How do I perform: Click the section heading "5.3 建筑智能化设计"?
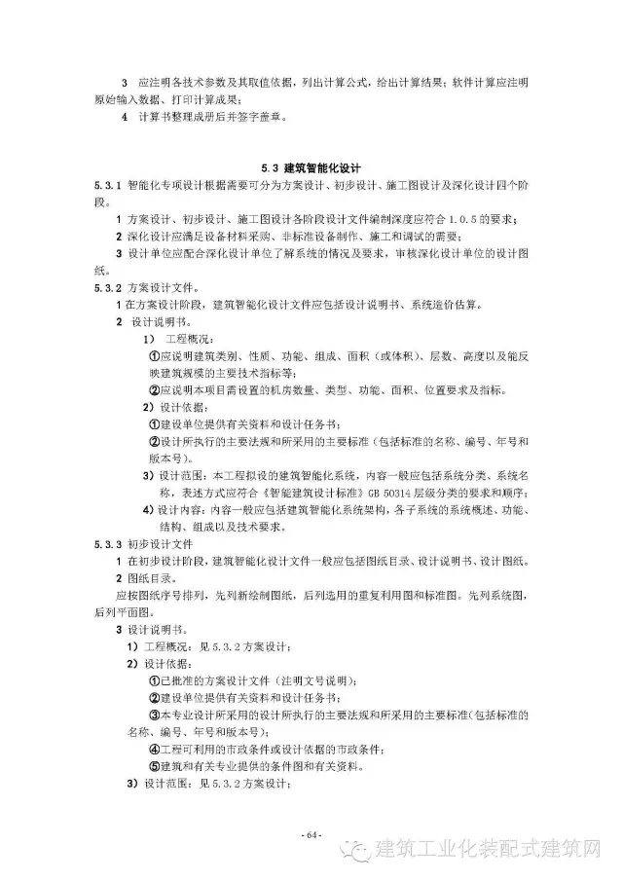(x=310, y=166)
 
